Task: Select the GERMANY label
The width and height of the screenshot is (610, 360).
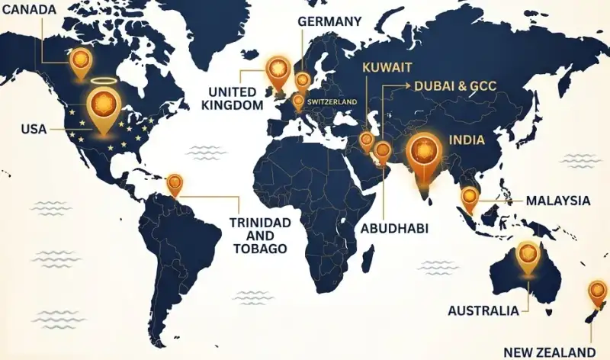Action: coord(329,21)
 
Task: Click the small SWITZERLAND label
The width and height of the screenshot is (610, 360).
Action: coord(333,101)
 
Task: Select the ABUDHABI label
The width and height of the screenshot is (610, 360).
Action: coord(395,228)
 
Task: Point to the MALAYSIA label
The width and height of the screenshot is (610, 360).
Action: coord(558,201)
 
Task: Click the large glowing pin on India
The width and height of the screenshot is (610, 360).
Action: coord(424,151)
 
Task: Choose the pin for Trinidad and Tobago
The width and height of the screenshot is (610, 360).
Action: coord(175,183)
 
